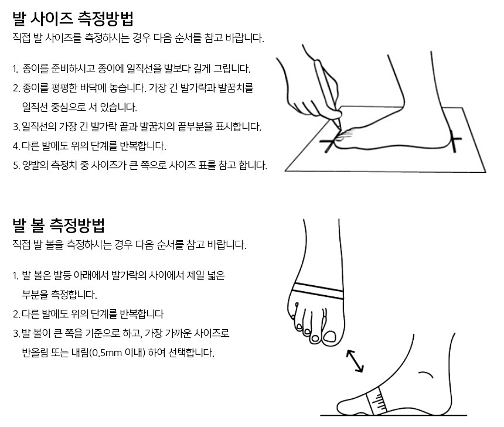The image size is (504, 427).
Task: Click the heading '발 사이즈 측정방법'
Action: point(73,19)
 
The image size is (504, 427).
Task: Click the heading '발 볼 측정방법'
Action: point(59,226)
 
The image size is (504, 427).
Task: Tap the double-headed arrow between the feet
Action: point(355,361)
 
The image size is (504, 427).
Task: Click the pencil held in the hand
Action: point(327,93)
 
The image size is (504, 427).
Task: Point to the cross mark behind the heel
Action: point(454,141)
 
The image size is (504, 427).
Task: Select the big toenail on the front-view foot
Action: point(329,336)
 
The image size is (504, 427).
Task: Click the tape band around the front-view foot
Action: point(318,291)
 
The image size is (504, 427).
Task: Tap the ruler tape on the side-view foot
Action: point(377,401)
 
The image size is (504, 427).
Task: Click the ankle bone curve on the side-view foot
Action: point(426,374)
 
